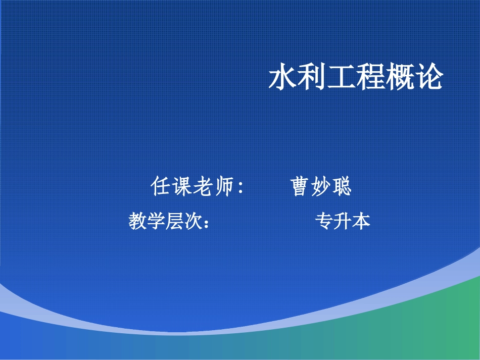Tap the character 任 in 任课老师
161,187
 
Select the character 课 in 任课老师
182,187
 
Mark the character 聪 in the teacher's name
342,187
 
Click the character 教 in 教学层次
138,221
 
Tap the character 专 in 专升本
324,221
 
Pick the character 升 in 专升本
343,221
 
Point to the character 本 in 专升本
361,221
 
